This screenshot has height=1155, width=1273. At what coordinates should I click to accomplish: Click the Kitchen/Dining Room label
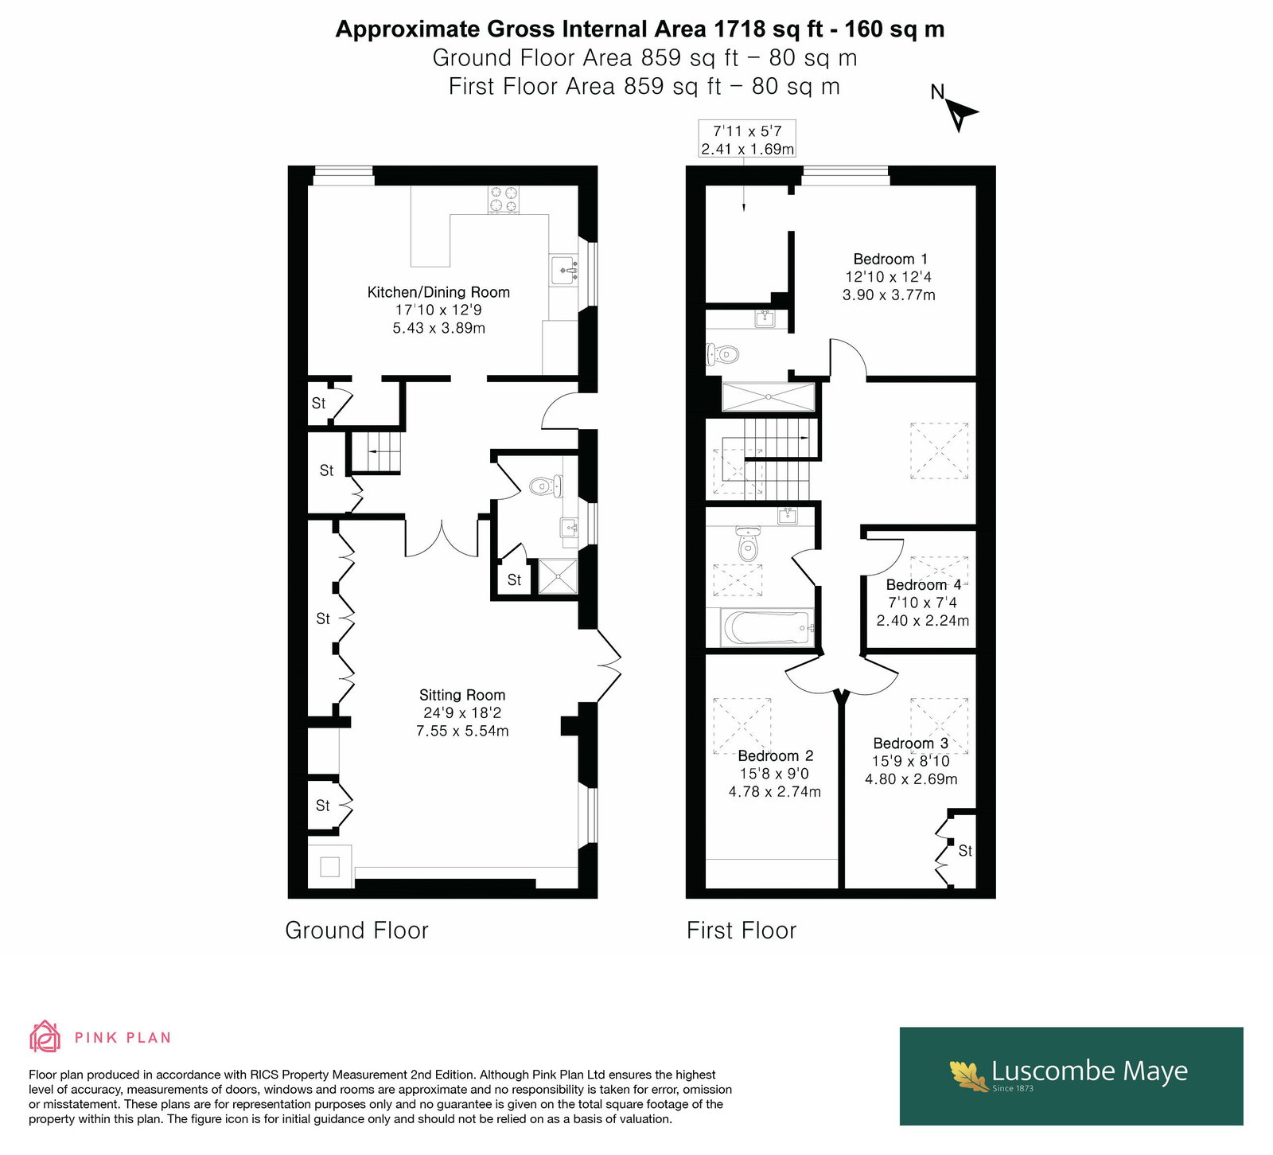[438, 292]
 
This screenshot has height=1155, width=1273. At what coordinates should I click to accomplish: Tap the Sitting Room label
[462, 695]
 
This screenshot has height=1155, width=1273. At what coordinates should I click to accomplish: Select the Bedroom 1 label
[890, 259]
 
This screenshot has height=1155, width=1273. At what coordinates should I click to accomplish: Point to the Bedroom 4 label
[923, 585]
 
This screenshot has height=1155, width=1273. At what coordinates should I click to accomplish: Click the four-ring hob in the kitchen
[504, 200]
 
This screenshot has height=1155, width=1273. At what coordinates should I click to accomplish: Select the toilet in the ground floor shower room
[546, 485]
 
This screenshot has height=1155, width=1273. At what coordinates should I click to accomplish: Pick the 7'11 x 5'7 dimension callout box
[747, 139]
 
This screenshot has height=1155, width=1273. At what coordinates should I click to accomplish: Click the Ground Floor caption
[356, 930]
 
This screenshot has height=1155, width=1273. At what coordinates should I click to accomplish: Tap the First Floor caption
[742, 930]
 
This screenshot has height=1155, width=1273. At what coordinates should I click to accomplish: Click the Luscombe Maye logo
[1071, 1076]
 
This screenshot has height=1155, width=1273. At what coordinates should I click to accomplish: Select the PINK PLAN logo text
[123, 1037]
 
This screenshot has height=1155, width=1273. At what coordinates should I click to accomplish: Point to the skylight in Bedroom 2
[742, 725]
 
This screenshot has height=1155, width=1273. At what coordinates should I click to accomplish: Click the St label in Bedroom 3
[965, 851]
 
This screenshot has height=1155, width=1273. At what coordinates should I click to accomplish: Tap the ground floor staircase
[376, 452]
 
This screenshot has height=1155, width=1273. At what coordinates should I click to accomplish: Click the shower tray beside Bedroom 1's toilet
[769, 396]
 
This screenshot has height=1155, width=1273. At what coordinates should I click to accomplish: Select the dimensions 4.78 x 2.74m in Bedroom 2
[775, 791]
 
